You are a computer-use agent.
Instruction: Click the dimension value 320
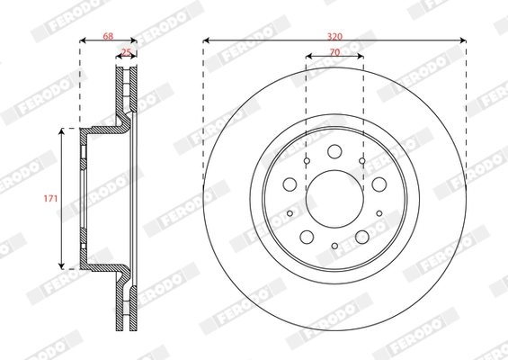pos(334,35)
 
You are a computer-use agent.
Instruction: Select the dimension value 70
pos(334,52)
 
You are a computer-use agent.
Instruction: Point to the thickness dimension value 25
pos(127,52)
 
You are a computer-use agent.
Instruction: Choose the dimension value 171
pos(53,197)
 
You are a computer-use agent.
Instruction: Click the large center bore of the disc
pos(334,198)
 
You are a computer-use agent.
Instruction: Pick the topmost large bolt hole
pos(334,151)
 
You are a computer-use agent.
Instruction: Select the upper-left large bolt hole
pos(290,184)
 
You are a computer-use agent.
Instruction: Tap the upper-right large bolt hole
pos(379,184)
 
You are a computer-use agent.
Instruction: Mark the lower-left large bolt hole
pos(307,236)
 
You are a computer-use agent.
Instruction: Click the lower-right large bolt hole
pos(362,236)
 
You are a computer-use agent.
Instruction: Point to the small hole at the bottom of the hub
pos(334,246)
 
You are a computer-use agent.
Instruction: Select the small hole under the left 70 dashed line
pos(306,161)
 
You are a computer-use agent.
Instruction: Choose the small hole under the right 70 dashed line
pos(362,161)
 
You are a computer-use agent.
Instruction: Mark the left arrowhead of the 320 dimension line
pos(207,40)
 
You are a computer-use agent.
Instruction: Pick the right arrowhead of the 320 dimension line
pos(462,40)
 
